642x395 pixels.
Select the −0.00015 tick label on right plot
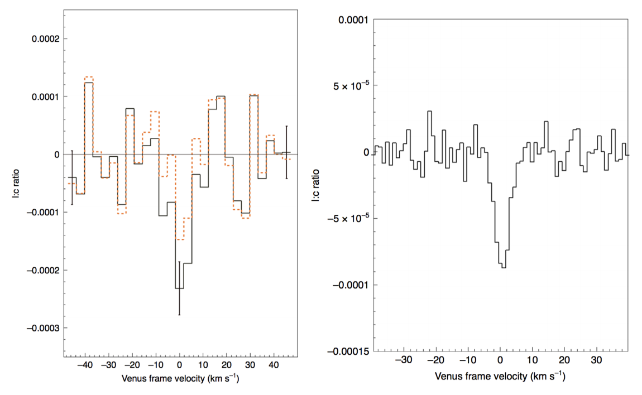click(347, 351)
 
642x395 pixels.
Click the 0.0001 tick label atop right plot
click(352, 20)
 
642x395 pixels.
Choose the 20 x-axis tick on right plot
click(564, 360)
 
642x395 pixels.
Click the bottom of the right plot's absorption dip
click(504, 267)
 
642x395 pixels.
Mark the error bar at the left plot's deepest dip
click(179, 288)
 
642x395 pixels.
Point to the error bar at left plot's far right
click(286, 152)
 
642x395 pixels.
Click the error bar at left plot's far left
click(72, 177)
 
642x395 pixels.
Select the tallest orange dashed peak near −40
click(89, 77)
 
